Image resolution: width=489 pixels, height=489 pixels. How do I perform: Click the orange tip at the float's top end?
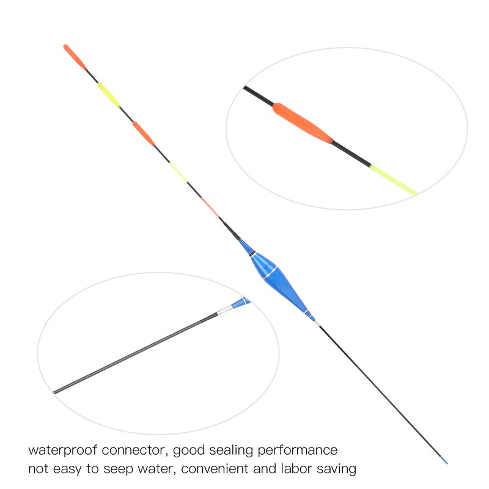coord(75,57)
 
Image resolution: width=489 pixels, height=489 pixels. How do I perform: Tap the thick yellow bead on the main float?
coord(109,95)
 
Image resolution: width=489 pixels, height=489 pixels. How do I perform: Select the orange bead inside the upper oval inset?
coord(303,123)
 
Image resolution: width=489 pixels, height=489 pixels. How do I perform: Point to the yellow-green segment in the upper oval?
coord(393,180)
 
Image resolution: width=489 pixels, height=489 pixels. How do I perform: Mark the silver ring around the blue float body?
coord(270,273)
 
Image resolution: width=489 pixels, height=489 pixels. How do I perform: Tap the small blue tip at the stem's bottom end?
coord(444,460)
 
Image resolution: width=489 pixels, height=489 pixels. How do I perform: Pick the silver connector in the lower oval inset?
coord(224,311)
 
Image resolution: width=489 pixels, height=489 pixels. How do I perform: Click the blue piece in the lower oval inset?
coord(241,302)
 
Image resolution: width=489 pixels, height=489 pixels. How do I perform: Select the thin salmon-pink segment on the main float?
coord(210,207)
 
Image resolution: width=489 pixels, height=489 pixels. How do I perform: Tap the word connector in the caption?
coord(136,450)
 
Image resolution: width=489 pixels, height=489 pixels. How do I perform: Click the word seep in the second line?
coord(118,469)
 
